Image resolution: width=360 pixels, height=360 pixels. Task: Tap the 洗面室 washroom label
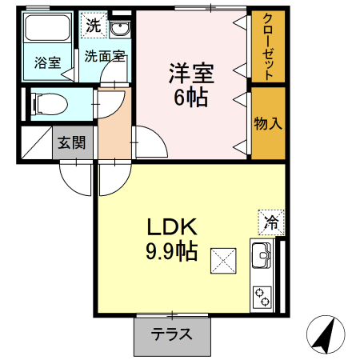point(103,57)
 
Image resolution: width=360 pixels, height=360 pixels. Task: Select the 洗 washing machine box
point(94,26)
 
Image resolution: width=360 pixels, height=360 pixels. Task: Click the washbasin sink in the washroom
point(120,30)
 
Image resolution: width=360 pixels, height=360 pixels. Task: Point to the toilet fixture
point(50,104)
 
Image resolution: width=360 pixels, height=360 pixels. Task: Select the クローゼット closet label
point(268,45)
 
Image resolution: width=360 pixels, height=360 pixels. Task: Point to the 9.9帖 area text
point(170,251)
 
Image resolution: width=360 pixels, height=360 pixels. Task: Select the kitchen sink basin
point(262,256)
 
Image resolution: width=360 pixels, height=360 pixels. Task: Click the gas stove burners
point(262,298)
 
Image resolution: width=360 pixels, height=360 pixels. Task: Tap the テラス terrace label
point(173,334)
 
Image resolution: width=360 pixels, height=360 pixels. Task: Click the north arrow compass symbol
point(327,334)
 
